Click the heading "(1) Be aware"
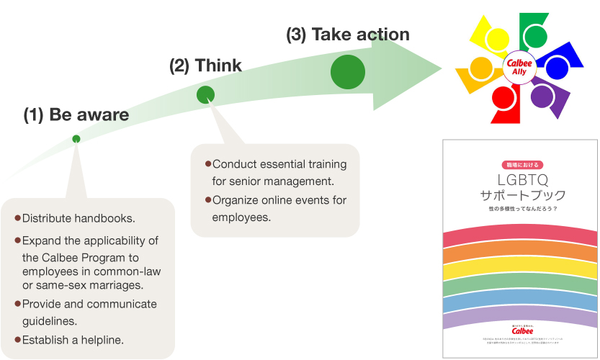tap(76, 114)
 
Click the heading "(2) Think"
tap(205, 66)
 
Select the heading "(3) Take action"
tap(347, 34)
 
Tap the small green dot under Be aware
tap(76, 139)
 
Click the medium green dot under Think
tap(206, 94)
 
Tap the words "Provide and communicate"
tap(89, 304)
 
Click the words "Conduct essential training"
tap(279, 164)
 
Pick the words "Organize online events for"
tap(279, 199)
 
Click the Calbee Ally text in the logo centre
tap(519, 66)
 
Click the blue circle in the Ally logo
tap(556, 68)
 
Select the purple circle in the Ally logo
tap(541, 96)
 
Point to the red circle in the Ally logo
tap(503, 96)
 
